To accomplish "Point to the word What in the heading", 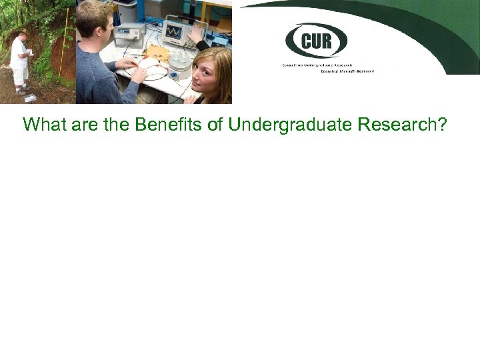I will tap(43, 124).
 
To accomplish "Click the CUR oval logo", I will tap(316, 41).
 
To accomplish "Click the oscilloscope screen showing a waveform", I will tap(175, 31).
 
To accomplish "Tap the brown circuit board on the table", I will tap(157, 52).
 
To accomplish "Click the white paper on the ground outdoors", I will tap(30, 97).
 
